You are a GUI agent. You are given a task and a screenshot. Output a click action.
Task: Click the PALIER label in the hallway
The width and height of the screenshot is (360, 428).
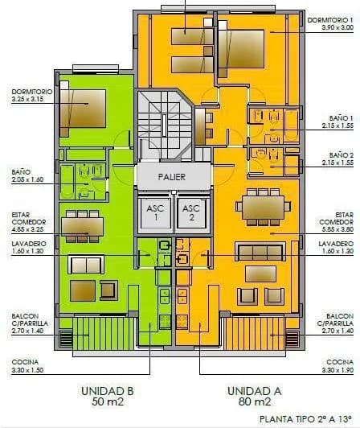pyautogui.click(x=167, y=176)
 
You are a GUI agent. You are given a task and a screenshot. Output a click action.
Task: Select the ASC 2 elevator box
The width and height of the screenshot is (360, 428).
pyautogui.click(x=191, y=212)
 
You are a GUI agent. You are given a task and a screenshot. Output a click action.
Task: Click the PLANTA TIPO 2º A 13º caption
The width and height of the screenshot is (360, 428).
pyautogui.click(x=308, y=419)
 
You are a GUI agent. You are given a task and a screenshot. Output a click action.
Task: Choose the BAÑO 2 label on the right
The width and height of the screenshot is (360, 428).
pyautogui.click(x=342, y=158)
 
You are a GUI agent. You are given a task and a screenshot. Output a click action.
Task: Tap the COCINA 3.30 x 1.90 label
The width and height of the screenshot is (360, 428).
pyautogui.click(x=338, y=366)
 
